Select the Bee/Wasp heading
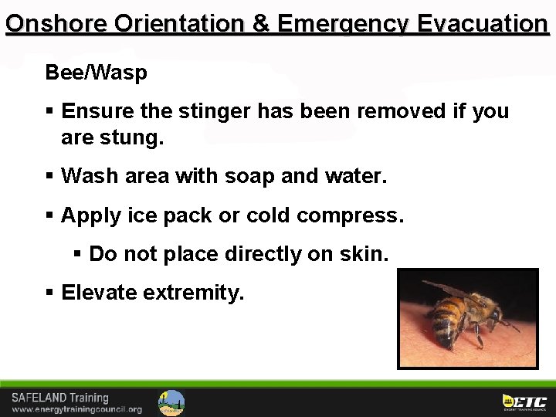(x=96, y=73)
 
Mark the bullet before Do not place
(x=78, y=253)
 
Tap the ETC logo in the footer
(x=525, y=402)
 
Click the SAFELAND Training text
(x=60, y=398)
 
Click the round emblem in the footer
(x=171, y=402)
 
